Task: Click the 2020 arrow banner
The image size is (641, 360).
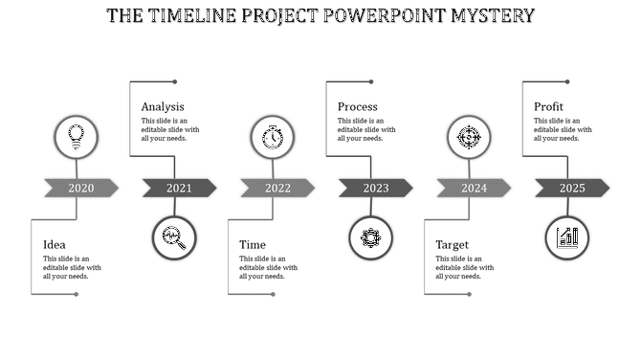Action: click(80, 188)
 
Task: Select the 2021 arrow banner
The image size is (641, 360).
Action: click(179, 188)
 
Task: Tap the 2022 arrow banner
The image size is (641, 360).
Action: click(277, 188)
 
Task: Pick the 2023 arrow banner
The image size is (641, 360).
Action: click(375, 188)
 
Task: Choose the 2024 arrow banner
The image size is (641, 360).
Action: click(474, 188)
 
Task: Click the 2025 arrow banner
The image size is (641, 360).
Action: click(572, 188)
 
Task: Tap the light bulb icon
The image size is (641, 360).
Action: click(76, 137)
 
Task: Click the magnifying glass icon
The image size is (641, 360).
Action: click(174, 237)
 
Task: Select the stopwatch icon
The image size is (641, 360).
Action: click(273, 137)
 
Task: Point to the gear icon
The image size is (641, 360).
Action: click(371, 237)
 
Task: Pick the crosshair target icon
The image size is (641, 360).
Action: click(469, 137)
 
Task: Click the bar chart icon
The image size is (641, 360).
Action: click(567, 237)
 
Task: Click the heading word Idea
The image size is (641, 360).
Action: click(54, 245)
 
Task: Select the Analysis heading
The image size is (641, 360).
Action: click(163, 107)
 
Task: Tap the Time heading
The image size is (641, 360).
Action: click(253, 245)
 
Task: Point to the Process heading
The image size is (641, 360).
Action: click(357, 107)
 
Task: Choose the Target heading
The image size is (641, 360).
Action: click(452, 245)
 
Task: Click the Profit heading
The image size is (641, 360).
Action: click(548, 107)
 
